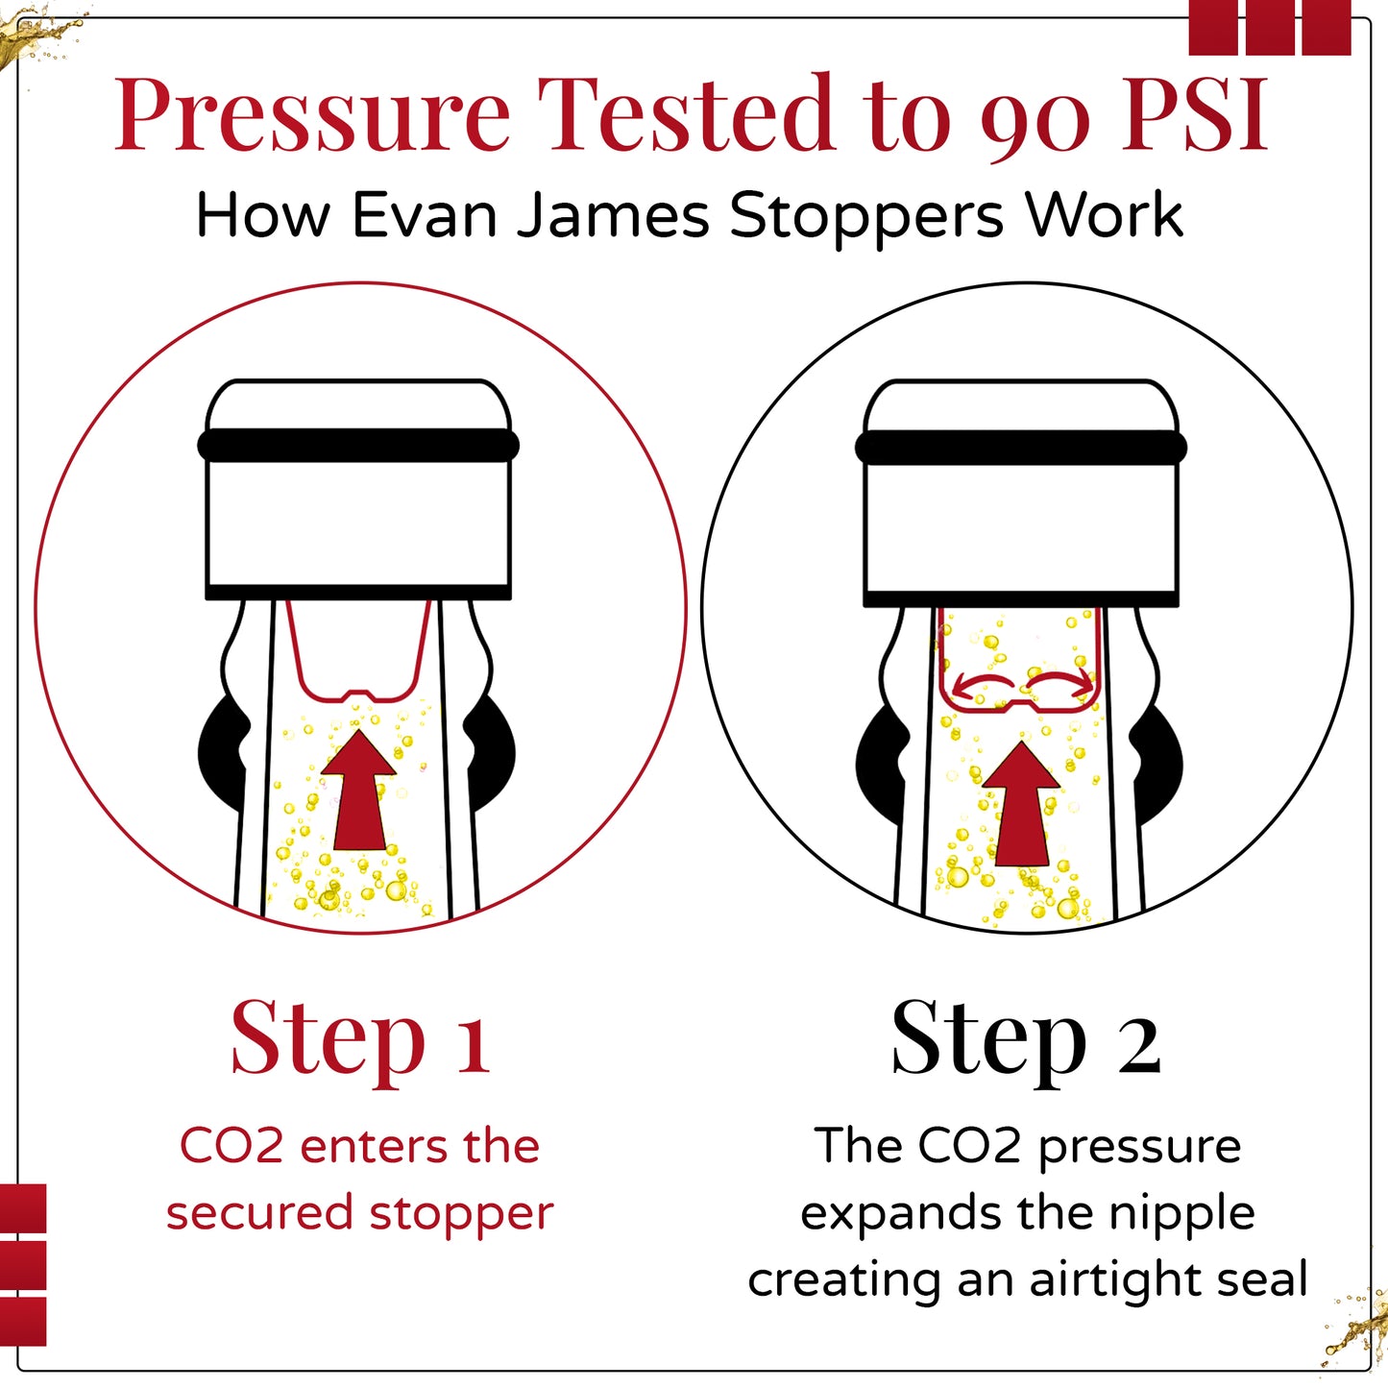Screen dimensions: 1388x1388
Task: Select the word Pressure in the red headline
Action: click(x=312, y=115)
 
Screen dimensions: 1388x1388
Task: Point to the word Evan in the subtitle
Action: click(x=425, y=214)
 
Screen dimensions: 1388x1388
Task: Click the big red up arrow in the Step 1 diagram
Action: click(x=358, y=791)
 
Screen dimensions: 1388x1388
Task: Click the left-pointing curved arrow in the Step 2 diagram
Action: click(x=983, y=681)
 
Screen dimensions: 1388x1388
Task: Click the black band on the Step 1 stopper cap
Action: click(x=358, y=445)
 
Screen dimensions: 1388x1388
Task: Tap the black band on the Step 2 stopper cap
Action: click(x=1021, y=448)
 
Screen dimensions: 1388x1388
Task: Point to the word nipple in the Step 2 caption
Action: click(x=1182, y=1214)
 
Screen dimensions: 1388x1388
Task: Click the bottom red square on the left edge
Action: click(x=23, y=1322)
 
